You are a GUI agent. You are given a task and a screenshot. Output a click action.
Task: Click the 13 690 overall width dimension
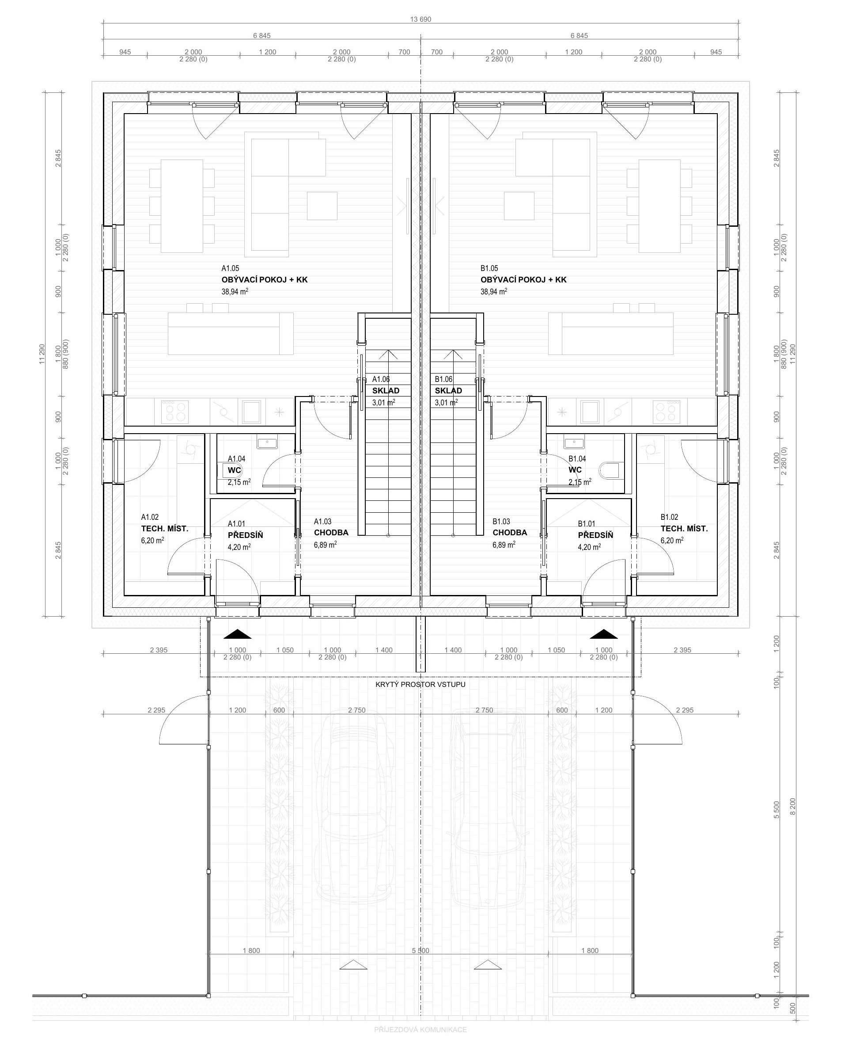click(x=420, y=19)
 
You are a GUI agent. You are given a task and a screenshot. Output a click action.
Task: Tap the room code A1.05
click(x=230, y=268)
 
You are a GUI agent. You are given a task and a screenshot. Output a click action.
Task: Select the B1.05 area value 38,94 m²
click(x=494, y=291)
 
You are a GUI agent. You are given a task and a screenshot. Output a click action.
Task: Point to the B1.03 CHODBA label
click(x=510, y=527)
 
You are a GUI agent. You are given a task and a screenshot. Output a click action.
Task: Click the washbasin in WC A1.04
click(x=267, y=443)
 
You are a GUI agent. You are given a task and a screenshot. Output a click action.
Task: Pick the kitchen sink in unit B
click(x=590, y=412)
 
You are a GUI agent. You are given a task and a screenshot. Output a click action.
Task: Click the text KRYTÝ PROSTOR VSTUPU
click(x=420, y=685)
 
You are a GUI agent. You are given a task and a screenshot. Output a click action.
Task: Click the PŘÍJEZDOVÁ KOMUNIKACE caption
click(x=420, y=1029)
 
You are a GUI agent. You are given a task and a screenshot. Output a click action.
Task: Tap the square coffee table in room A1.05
click(x=322, y=206)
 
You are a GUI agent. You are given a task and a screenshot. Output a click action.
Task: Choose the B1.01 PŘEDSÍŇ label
click(x=595, y=530)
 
